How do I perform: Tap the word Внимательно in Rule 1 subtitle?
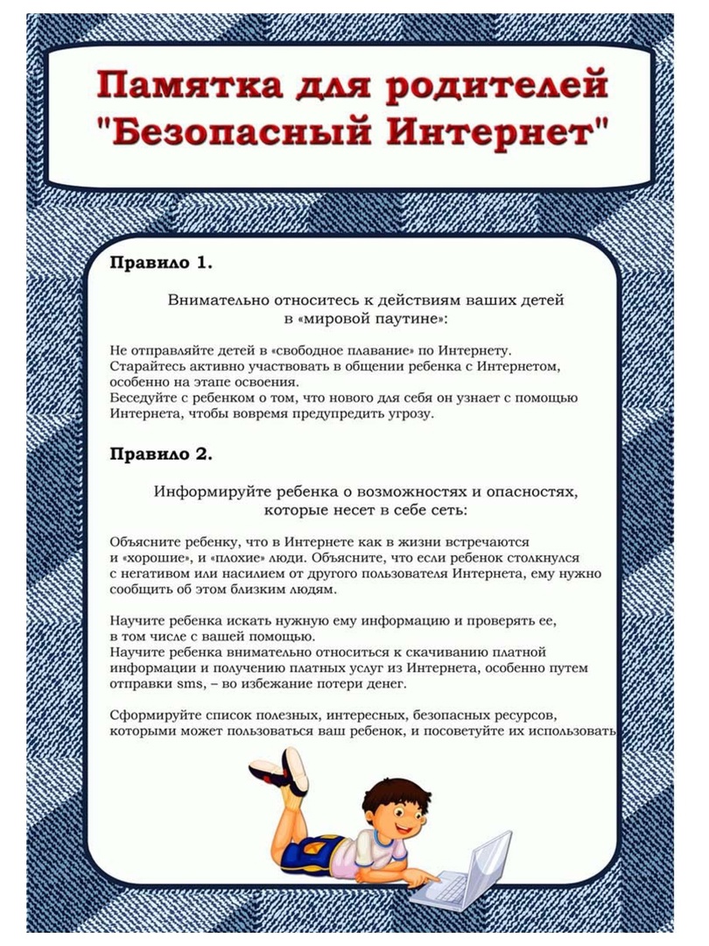click(x=226, y=300)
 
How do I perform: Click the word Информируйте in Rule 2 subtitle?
click(x=211, y=491)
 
